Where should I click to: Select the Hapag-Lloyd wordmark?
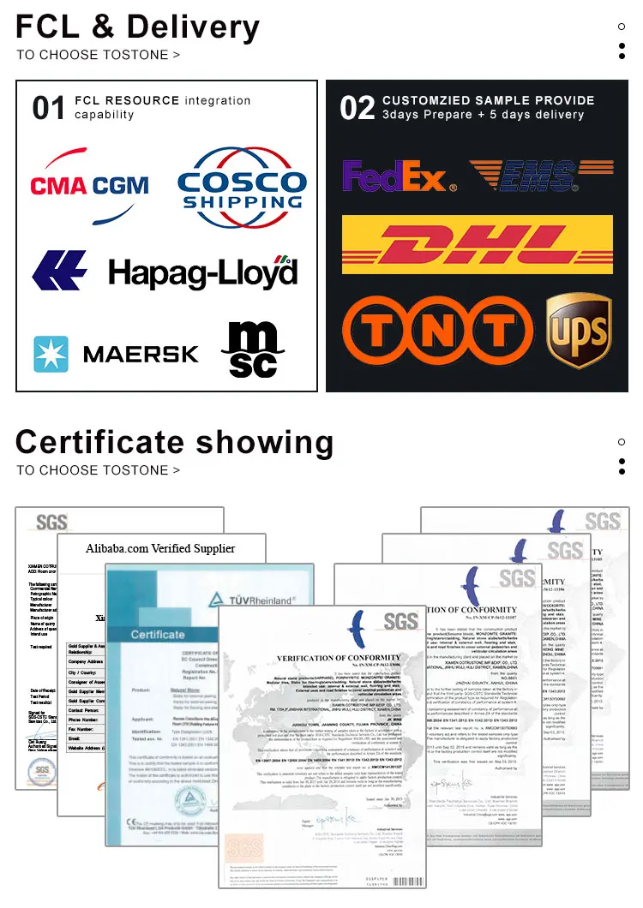(202, 272)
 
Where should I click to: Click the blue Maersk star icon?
(51, 354)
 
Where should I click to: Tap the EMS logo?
(541, 176)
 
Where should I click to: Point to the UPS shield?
(579, 330)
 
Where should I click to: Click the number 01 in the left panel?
(49, 109)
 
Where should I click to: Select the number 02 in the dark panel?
(357, 109)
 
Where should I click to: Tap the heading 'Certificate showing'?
(175, 443)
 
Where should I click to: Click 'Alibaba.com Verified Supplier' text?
(160, 548)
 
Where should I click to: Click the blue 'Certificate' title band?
(158, 635)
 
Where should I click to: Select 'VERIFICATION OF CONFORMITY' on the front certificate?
(340, 657)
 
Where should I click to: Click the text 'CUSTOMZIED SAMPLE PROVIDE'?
(488, 101)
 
